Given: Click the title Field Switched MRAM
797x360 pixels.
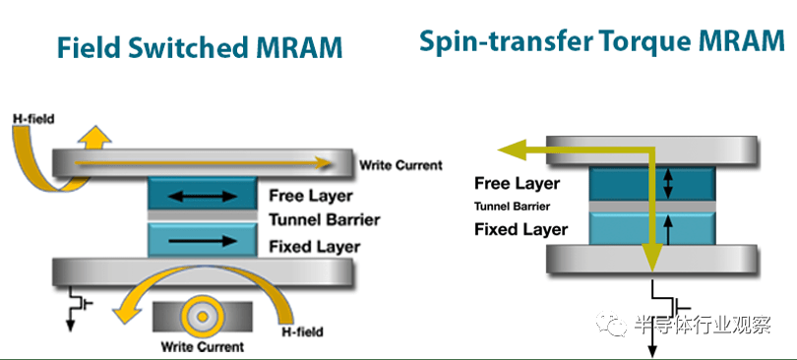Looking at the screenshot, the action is coord(199,48).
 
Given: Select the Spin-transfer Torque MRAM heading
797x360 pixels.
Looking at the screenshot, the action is coord(602,40).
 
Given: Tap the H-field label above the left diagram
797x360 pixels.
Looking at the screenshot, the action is coord(35,119).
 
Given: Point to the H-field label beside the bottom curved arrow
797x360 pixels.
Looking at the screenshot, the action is coord(302,332).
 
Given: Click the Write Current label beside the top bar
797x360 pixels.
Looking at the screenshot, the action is coord(401,165).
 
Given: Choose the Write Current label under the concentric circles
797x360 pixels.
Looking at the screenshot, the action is coord(203,347).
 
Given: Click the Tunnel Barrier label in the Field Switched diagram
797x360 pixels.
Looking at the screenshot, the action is coord(325,220).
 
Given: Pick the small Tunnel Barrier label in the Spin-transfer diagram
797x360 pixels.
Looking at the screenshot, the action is coord(512,207).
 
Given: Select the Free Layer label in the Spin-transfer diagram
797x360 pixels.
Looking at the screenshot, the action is coord(517,183).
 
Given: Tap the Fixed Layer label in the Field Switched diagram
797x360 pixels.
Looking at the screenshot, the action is coord(315,247).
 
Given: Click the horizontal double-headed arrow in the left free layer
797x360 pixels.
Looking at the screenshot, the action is coord(203,196).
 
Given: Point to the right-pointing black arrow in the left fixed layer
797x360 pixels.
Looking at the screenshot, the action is coord(203,240).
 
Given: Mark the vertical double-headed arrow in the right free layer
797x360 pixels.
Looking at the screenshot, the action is coord(669,183).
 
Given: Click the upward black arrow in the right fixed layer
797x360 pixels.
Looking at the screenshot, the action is coord(669,228).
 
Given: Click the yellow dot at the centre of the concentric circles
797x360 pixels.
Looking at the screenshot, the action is coord(203,317).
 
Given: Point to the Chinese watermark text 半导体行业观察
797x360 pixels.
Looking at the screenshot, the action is coord(703,324).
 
